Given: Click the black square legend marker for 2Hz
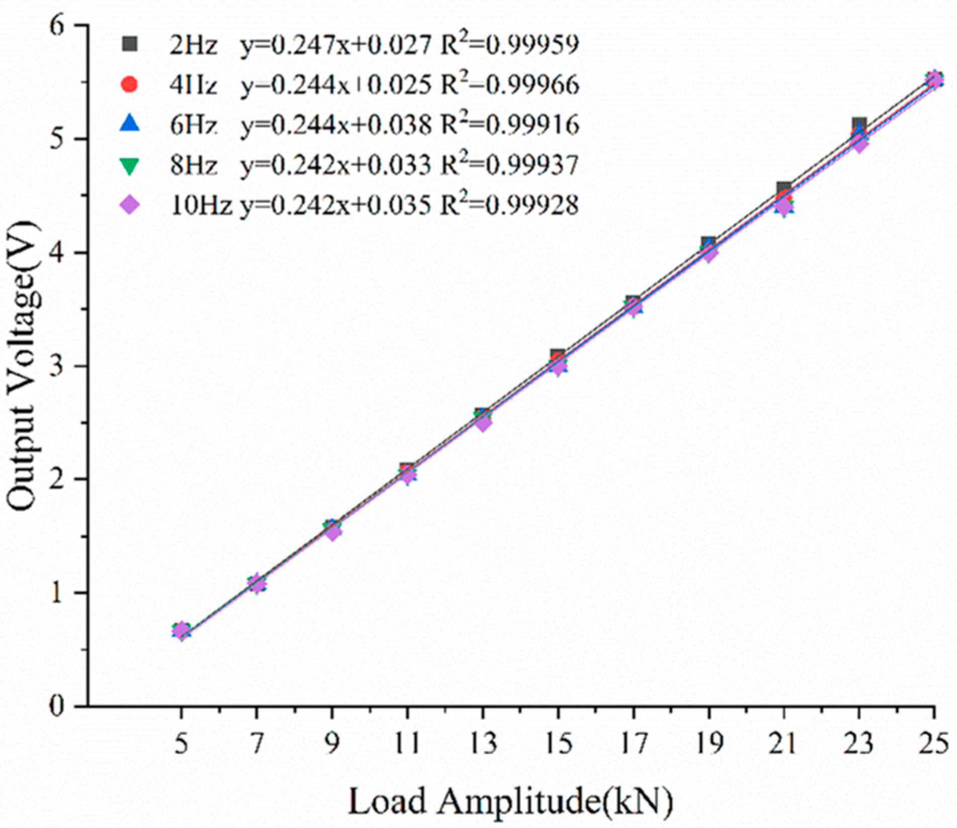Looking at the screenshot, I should [129, 45].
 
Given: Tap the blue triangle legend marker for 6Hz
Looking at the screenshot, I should [129, 124].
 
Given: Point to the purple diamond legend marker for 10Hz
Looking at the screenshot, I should [130, 205].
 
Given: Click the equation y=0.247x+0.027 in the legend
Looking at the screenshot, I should [335, 46].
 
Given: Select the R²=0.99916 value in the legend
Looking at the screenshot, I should [509, 125].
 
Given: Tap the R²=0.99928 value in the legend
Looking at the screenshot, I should [509, 205].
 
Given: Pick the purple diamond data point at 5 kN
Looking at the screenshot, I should [182, 630].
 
